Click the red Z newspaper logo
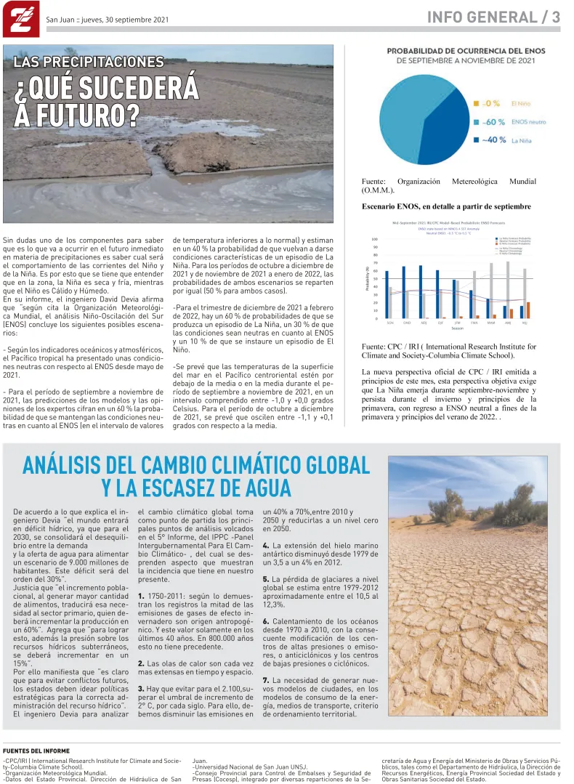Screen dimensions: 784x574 tap(18, 18)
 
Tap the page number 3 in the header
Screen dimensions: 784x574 tap(555, 17)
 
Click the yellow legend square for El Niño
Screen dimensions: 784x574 tap(477, 104)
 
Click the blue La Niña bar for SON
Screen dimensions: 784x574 tap(387, 294)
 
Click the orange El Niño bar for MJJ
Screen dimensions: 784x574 tap(528, 310)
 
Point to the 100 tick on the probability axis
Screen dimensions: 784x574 tap(374, 239)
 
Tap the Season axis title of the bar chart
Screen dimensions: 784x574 tap(456, 328)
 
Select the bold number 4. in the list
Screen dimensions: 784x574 tap(266, 545)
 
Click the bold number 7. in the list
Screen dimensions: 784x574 tap(266, 680)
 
